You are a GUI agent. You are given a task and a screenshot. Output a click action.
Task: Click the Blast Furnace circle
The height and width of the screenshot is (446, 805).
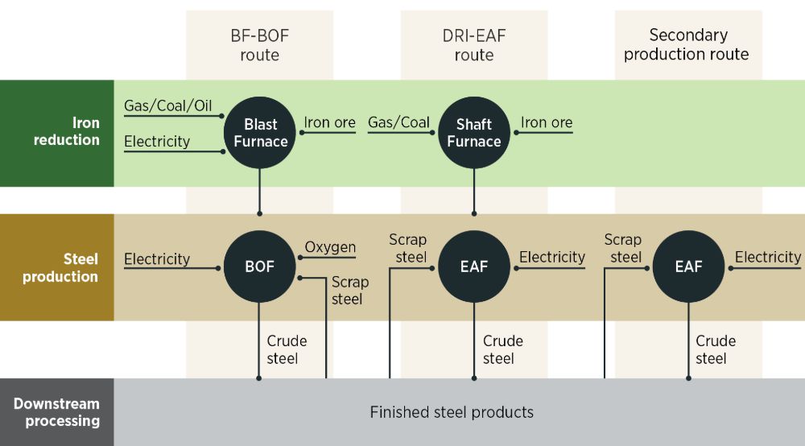[260, 132]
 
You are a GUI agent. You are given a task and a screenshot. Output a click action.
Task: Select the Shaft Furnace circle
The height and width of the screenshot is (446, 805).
[474, 132]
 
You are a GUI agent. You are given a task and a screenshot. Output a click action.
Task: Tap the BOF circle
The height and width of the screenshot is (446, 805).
[260, 266]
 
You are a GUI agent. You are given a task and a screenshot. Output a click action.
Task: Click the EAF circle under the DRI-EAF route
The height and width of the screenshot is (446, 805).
[474, 266]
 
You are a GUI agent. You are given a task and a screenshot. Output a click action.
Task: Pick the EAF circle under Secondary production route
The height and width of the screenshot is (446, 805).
[688, 266]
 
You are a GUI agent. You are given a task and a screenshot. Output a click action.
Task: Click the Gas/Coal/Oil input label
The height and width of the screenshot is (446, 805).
[168, 105]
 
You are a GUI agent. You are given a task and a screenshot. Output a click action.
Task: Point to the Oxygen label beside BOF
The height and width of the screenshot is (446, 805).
[330, 247]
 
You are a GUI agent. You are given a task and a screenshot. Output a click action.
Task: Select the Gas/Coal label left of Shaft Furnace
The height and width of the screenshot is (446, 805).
[399, 122]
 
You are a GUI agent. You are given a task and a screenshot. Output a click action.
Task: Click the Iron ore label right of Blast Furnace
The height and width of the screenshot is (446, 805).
[329, 122]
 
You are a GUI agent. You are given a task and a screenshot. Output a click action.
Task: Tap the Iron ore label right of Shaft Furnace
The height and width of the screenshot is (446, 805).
[547, 122]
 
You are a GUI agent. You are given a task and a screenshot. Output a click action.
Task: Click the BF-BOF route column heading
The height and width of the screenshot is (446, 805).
[260, 45]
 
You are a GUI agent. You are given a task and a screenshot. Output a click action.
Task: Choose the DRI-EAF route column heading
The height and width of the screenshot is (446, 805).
[474, 45]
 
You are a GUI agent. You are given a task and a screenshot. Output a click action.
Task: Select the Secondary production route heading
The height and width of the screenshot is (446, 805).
[687, 44]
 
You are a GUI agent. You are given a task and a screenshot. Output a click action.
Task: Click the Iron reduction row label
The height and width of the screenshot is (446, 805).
[67, 131]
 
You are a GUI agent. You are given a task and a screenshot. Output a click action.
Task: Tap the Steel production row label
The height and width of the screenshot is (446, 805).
[60, 267]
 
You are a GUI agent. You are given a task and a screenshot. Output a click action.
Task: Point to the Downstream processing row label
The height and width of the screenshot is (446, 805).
[56, 412]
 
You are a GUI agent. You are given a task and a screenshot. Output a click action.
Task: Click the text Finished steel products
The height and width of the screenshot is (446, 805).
[452, 412]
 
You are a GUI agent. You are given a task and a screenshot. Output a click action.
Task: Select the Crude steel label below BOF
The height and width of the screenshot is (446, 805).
[287, 349]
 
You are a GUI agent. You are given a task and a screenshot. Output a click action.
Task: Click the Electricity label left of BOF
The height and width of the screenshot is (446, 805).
[157, 259]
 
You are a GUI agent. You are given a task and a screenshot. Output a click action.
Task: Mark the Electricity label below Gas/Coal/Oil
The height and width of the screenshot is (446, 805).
[157, 141]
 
